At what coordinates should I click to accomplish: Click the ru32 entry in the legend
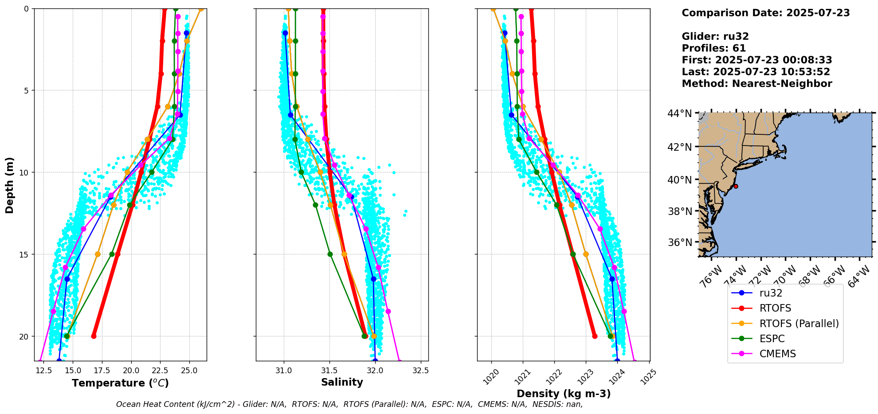(771, 293)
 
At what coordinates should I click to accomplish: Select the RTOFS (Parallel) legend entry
(799, 324)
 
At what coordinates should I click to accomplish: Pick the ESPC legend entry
(772, 339)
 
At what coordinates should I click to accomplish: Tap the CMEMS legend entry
(777, 354)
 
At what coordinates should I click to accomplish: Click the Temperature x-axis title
(120, 383)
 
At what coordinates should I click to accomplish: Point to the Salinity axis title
(342, 382)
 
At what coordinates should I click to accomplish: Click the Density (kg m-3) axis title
(564, 394)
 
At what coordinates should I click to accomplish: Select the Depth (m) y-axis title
(10, 185)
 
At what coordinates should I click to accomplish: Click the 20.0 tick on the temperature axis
(131, 371)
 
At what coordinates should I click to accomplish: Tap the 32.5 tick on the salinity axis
(420, 371)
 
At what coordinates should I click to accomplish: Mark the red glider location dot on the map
(736, 186)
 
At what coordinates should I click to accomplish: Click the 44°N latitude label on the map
(679, 114)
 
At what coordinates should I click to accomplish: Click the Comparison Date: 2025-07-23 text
(765, 13)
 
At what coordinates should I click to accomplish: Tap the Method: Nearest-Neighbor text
(756, 84)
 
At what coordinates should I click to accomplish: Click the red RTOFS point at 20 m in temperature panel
(94, 336)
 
